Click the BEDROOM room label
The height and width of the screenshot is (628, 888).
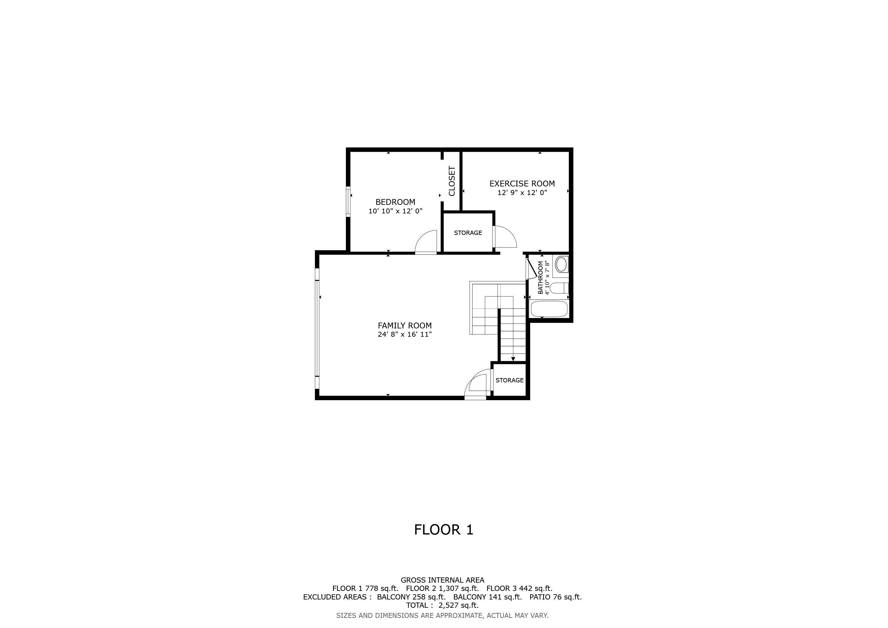click(395, 202)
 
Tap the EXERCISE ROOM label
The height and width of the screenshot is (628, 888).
click(522, 184)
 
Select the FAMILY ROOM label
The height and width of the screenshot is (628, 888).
click(404, 326)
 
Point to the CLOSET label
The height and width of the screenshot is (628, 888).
click(452, 181)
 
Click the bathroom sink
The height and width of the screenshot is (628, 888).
click(561, 265)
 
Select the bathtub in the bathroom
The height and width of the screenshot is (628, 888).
click(549, 308)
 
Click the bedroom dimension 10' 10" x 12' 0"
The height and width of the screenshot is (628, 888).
click(395, 211)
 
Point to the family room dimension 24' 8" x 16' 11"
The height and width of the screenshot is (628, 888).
click(404, 335)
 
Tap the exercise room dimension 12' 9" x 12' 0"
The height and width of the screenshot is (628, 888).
click(522, 193)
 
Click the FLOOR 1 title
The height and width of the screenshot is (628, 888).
click(444, 530)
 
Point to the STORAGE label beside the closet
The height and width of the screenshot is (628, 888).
click(468, 233)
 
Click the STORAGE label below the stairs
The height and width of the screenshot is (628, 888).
click(509, 380)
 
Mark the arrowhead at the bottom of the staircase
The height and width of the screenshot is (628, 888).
click(513, 359)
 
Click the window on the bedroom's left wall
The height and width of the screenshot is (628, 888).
click(348, 201)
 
